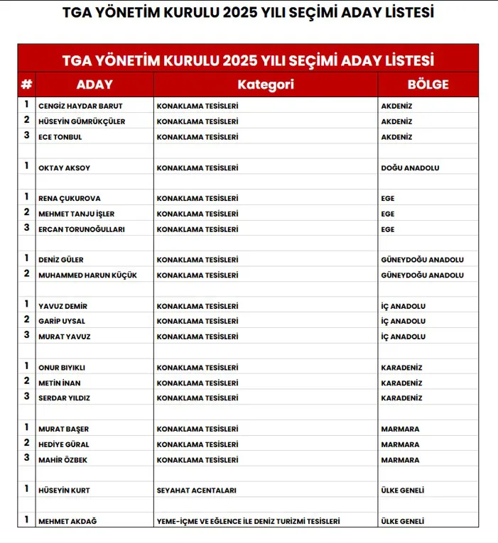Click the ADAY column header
(94, 84)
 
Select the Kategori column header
(266, 84)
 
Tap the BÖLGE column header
(428, 84)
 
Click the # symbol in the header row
(26, 84)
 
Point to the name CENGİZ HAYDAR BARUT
(80, 106)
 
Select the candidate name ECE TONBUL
(60, 137)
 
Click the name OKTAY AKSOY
(64, 168)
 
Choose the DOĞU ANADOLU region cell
(410, 168)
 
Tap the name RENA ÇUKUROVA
(69, 199)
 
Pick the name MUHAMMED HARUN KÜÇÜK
(87, 275)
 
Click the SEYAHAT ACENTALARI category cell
(196, 490)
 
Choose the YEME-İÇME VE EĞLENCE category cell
(248, 522)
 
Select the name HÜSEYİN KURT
(64, 490)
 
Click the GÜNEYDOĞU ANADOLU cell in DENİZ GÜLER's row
(422, 260)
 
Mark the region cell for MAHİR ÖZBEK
(400, 460)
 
